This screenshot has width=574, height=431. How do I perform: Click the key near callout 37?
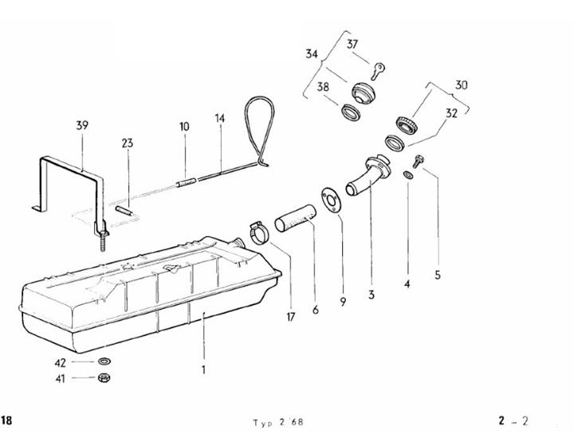(378, 71)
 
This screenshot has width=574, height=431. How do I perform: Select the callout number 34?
(312, 54)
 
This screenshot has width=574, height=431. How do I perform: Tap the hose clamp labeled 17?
(259, 233)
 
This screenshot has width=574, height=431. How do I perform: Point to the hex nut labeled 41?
(104, 377)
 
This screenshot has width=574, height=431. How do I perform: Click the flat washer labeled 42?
(104, 362)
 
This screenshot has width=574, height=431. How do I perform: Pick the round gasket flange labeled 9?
(332, 200)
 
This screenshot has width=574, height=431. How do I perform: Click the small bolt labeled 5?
(418, 161)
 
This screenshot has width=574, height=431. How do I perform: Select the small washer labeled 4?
(408, 175)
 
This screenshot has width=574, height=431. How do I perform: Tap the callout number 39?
(82, 125)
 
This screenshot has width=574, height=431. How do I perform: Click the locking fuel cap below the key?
(364, 93)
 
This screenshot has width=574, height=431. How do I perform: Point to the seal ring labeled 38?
(352, 113)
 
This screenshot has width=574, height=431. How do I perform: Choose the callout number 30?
(462, 85)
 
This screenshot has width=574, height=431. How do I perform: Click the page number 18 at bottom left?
(6, 421)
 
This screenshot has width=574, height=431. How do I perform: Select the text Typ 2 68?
(278, 422)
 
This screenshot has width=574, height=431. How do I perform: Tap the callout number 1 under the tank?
(204, 370)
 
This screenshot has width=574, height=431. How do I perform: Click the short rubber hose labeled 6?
(296, 218)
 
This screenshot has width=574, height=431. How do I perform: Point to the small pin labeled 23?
(124, 211)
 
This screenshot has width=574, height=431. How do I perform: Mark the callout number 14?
(220, 118)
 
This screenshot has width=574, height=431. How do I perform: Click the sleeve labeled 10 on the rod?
(187, 182)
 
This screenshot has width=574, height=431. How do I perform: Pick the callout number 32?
(451, 113)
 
